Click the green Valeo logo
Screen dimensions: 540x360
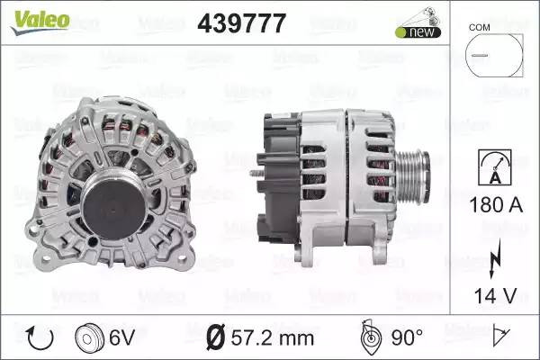click(40, 22)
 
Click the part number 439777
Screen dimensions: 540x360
click(242, 23)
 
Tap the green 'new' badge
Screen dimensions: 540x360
click(418, 32)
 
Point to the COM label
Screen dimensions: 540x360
click(479, 28)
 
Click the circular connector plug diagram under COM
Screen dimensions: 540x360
click(494, 55)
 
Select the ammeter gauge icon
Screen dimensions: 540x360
click(495, 167)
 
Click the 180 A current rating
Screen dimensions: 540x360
click(496, 204)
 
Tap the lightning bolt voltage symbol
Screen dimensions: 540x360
click(495, 257)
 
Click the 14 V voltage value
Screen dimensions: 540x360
click(495, 295)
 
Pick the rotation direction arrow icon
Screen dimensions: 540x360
click(40, 338)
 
